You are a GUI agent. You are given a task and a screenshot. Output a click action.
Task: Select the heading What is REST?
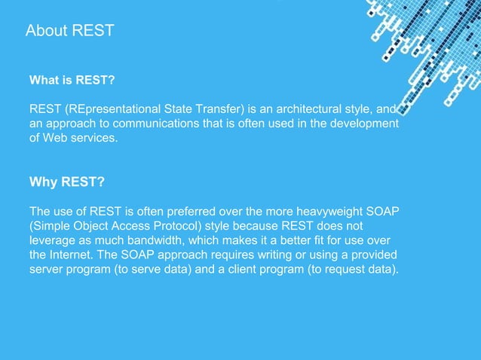pos(71,79)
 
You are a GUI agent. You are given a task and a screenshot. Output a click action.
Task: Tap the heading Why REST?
pos(66,182)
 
